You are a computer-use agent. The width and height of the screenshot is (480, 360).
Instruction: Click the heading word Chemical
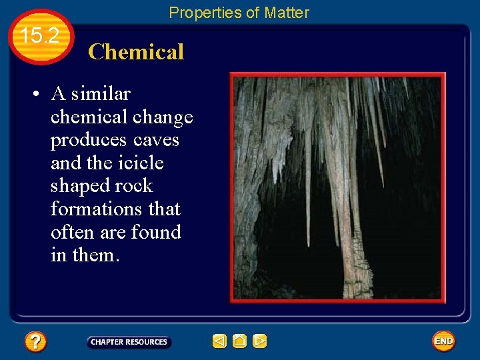(x=135, y=52)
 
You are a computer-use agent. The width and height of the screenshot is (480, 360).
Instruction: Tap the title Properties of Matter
(x=239, y=12)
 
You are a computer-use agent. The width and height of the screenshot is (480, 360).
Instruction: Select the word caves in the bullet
(x=156, y=140)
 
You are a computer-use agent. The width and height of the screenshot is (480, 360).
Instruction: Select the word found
(x=156, y=232)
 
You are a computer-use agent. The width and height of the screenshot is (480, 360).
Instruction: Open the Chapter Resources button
(x=129, y=342)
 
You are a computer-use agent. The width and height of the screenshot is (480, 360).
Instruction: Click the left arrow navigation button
(x=219, y=341)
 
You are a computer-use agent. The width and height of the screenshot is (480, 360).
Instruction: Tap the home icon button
(x=239, y=341)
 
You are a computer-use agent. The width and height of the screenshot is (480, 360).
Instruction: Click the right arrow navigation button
(x=260, y=341)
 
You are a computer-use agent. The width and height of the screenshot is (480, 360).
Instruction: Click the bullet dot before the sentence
(x=34, y=95)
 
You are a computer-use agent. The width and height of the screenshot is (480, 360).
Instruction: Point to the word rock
(x=133, y=186)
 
